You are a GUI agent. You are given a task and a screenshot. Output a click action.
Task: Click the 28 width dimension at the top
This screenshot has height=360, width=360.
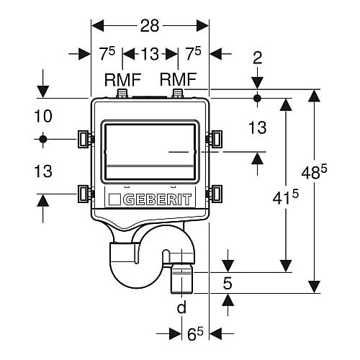coord(150,26)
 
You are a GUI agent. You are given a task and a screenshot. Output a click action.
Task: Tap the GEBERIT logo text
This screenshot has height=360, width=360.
coord(158,199)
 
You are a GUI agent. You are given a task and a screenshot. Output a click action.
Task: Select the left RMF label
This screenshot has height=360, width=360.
coord(122,80)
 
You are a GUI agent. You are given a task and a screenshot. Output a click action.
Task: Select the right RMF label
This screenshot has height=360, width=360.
coord(178,80)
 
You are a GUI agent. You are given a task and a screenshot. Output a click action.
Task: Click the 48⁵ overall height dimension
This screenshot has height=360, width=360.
coord(314,172)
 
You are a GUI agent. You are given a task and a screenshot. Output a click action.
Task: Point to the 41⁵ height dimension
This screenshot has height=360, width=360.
coord(285,197)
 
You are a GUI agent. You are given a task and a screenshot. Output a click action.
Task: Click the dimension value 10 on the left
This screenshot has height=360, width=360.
coord(43,116)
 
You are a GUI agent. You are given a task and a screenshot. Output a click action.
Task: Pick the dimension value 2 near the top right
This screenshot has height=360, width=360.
coord(258,58)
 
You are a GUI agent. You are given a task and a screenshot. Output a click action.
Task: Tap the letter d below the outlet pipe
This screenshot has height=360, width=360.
coord(181,307)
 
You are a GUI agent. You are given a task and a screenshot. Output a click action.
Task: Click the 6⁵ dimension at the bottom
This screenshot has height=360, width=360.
coord(195,333)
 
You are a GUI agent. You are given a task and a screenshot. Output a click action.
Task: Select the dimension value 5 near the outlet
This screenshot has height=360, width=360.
coord(228,284)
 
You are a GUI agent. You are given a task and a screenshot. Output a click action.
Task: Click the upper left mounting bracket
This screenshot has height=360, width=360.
coord(84,139)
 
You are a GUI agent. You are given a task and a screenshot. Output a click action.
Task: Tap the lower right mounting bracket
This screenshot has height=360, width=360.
coord(215,193)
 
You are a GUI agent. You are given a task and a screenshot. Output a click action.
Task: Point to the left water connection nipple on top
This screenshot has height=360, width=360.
coord(122,94)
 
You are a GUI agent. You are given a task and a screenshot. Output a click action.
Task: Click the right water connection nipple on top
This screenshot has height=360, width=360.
coord(178,94)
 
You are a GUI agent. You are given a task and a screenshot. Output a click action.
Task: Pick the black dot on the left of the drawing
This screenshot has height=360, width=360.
coord(43,139)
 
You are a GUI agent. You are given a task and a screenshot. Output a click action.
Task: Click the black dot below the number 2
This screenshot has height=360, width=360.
coord(257,98)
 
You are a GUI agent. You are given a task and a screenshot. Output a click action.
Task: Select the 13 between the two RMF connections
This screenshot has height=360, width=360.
coord(150,54)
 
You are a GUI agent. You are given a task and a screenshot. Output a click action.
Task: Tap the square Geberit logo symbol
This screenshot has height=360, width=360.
coord(114,199)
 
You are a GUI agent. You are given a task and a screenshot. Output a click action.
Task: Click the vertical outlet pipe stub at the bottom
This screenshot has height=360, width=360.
coord(182,278)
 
